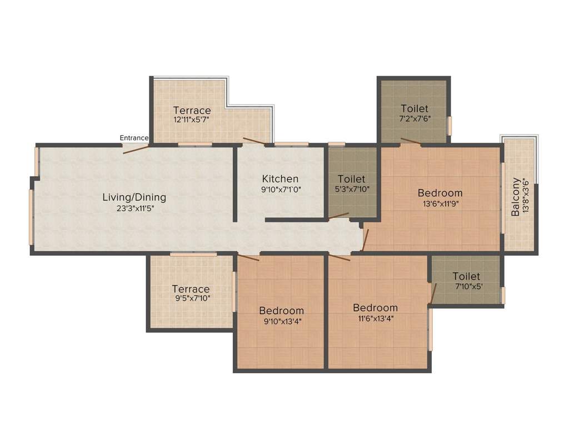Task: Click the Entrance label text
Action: click(x=134, y=138)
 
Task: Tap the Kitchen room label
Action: click(x=280, y=179)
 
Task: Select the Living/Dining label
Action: click(x=134, y=197)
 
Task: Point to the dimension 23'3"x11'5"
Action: click(x=134, y=208)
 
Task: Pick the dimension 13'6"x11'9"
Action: click(x=440, y=203)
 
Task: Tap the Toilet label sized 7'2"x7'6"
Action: click(x=415, y=109)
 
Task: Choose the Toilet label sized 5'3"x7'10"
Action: click(x=352, y=179)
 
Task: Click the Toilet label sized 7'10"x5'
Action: click(x=466, y=276)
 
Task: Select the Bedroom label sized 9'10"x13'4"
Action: click(x=281, y=311)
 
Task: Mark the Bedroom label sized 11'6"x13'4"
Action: click(x=376, y=308)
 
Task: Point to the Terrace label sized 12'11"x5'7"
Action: click(x=192, y=110)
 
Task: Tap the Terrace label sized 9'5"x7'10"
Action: click(x=191, y=289)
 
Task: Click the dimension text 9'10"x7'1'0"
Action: click(x=280, y=190)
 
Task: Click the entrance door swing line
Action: click(x=136, y=148)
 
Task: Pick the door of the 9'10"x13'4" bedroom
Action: click(x=248, y=257)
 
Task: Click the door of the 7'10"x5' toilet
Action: click(x=433, y=294)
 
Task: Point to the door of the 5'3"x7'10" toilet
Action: click(x=338, y=215)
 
